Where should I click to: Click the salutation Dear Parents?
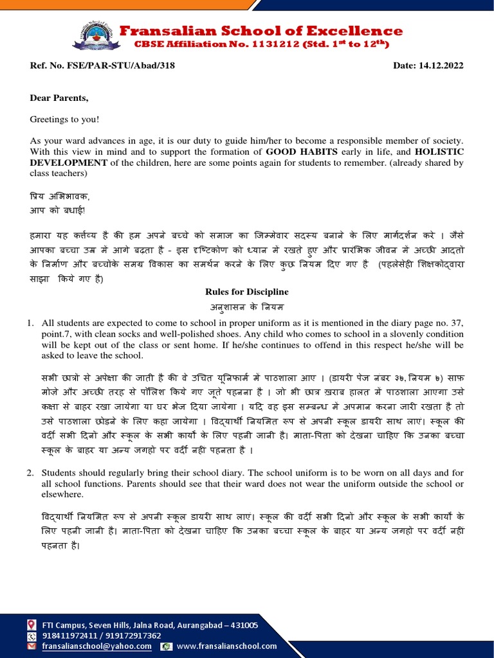click(59, 98)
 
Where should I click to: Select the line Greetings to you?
click(64, 119)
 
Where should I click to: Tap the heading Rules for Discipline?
click(247, 292)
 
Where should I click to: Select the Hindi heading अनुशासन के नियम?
click(247, 306)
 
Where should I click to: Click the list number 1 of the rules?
click(30, 323)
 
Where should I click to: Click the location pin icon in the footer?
click(31, 625)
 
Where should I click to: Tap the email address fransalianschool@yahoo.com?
click(97, 646)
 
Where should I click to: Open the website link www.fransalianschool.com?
click(226, 646)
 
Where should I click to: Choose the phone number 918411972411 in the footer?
click(69, 636)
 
